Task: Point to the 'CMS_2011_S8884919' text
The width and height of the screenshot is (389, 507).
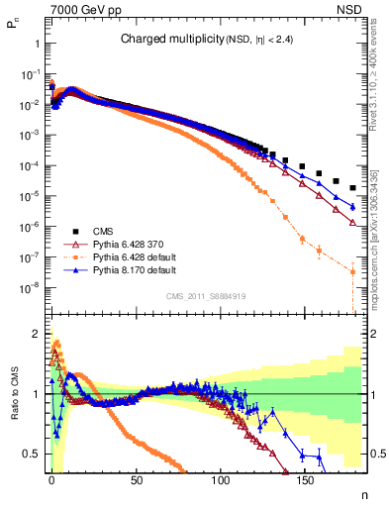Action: [x=207, y=296]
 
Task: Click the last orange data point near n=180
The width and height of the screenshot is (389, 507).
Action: [x=353, y=270]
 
